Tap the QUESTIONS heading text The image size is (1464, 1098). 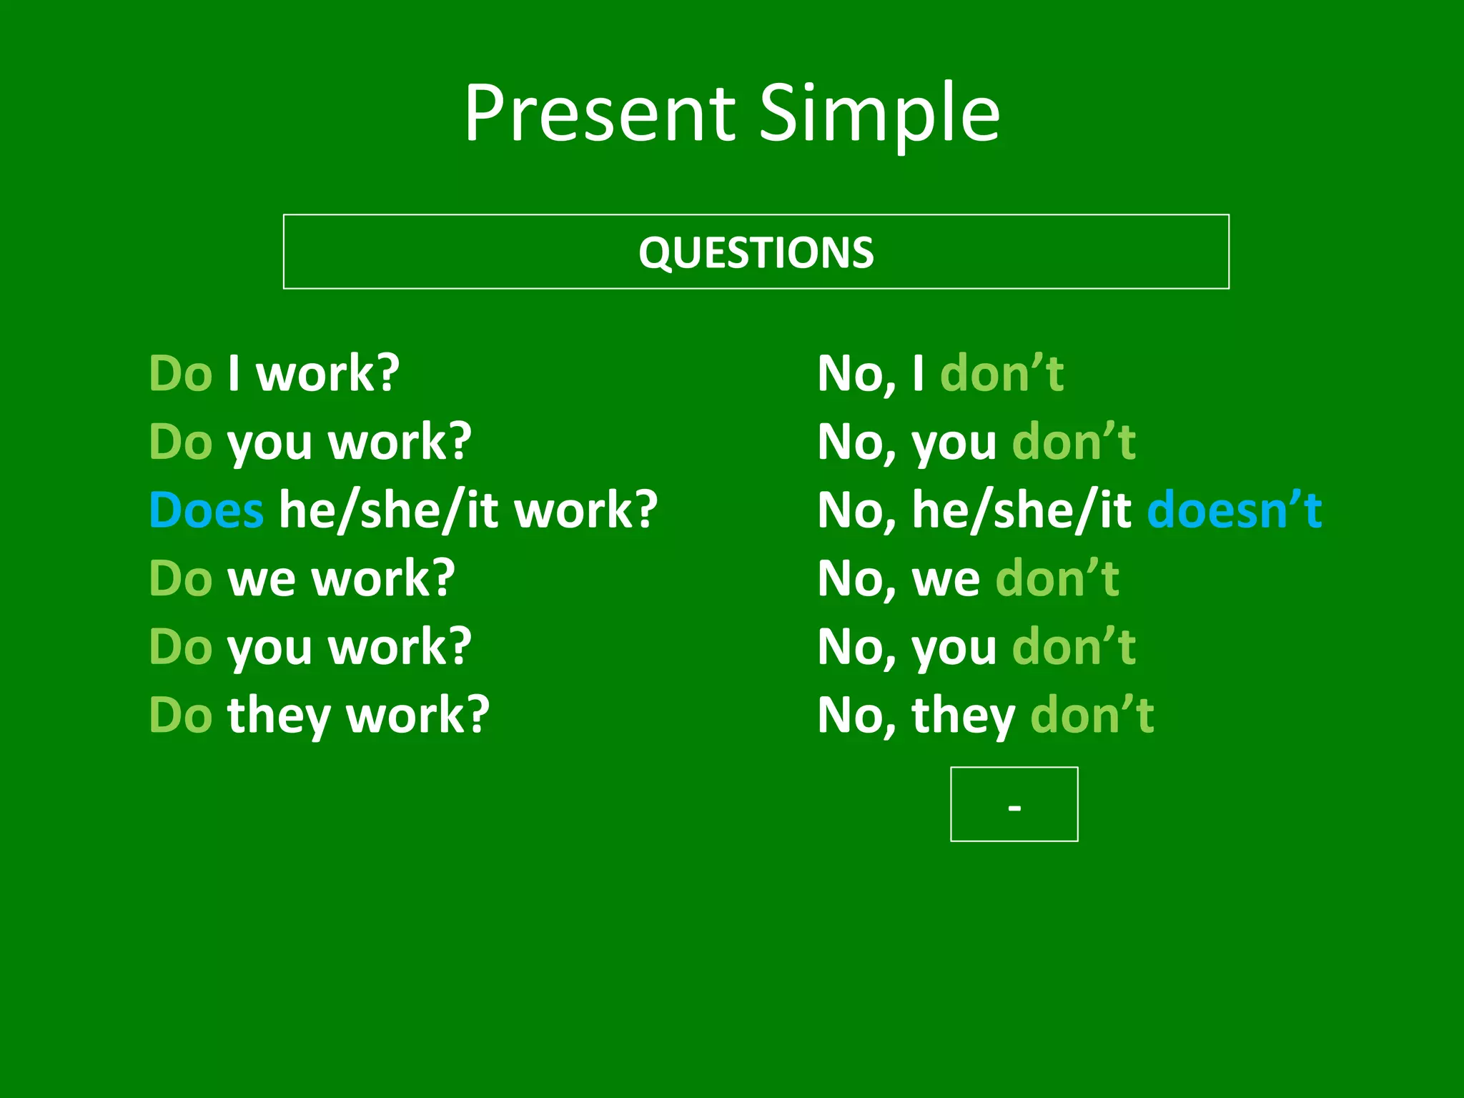point(756,252)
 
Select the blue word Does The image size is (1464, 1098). point(206,510)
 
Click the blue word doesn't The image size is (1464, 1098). point(1234,510)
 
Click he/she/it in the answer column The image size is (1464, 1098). point(1022,510)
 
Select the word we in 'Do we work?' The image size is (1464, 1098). point(261,578)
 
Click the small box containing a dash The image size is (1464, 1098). point(1014,804)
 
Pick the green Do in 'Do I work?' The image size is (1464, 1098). point(180,374)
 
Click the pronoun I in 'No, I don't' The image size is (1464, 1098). point(918,374)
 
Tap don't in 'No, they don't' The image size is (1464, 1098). point(1092,716)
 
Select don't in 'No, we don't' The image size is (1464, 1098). point(1057,578)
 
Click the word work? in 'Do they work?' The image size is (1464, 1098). point(418,716)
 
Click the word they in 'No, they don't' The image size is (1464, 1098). point(963,716)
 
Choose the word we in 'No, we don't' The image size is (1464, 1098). point(946,578)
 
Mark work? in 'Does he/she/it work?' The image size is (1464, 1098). point(585,510)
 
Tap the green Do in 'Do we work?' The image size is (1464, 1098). point(180,578)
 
